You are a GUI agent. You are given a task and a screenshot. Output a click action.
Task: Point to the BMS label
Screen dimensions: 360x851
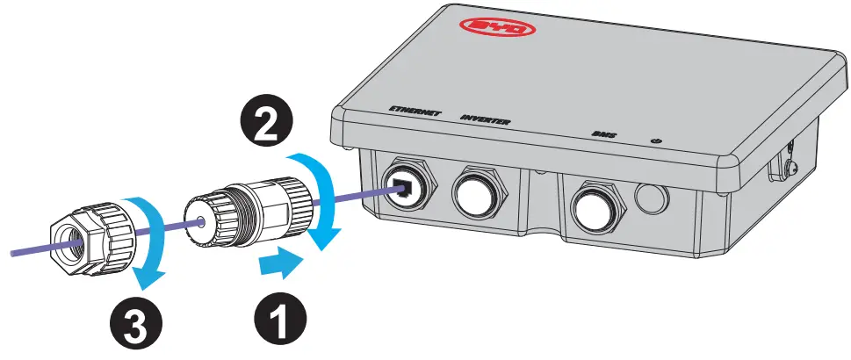602,135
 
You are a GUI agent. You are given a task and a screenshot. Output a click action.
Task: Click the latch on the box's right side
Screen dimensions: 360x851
781,162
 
